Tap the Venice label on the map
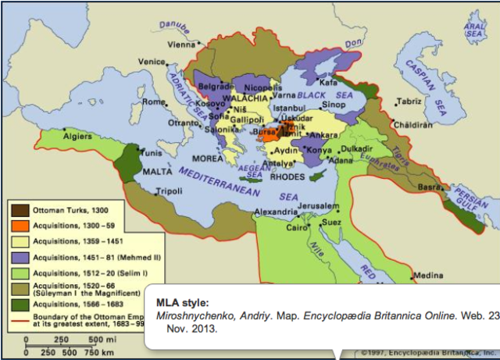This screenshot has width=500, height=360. click(x=152, y=62)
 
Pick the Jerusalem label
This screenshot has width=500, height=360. click(x=321, y=206)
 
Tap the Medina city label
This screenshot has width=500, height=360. click(x=428, y=275)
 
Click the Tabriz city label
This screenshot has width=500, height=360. click(x=409, y=102)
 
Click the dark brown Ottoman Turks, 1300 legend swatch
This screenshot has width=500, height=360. click(x=20, y=211)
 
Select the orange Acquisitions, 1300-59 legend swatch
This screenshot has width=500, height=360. click(x=20, y=225)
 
